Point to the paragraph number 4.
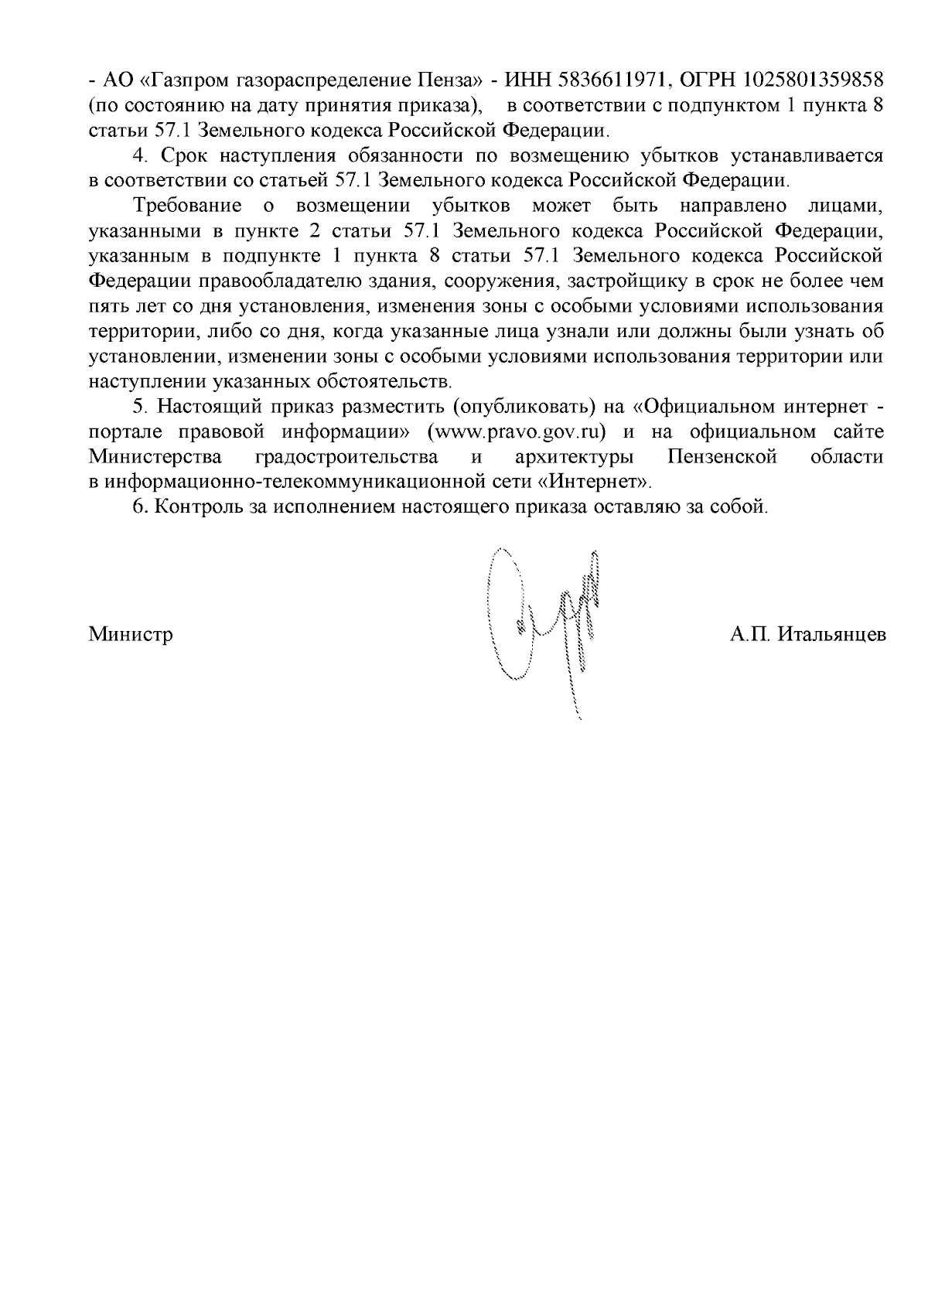pos(140,155)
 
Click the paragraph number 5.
pos(139,406)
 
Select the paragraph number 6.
pos(139,506)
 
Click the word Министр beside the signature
pos(131,635)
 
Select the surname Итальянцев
pos(831,635)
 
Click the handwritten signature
pos(545,626)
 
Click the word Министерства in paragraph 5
pos(156,456)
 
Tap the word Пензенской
pos(722,456)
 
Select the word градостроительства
pos(346,456)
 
